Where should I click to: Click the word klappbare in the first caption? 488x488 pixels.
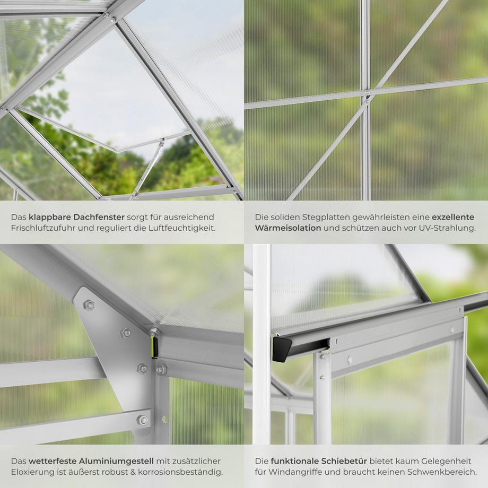(x=50, y=217)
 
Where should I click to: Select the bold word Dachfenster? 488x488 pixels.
(x=99, y=217)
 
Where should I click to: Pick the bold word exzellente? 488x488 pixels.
(x=453, y=217)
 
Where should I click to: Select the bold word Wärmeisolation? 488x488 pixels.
(x=288, y=228)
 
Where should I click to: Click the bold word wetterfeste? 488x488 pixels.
(x=53, y=461)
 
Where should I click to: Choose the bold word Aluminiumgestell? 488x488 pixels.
(x=116, y=461)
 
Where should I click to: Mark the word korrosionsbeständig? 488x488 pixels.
(x=180, y=472)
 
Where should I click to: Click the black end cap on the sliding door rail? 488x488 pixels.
(x=282, y=348)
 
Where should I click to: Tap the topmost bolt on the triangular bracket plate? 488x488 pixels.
(x=89, y=304)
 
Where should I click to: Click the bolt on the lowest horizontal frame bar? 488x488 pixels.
(x=143, y=420)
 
